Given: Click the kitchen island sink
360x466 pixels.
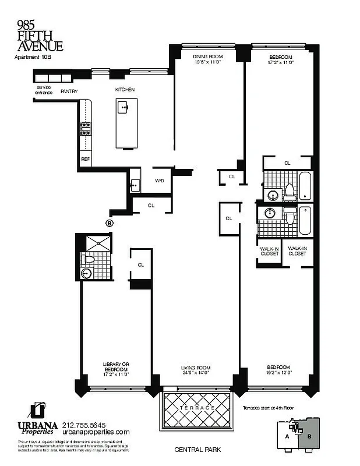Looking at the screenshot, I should point(123,107).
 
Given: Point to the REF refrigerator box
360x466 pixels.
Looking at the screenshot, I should point(85,158).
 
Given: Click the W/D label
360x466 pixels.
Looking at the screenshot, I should point(159,181).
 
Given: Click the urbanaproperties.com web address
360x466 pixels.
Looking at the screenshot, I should point(96,432).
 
